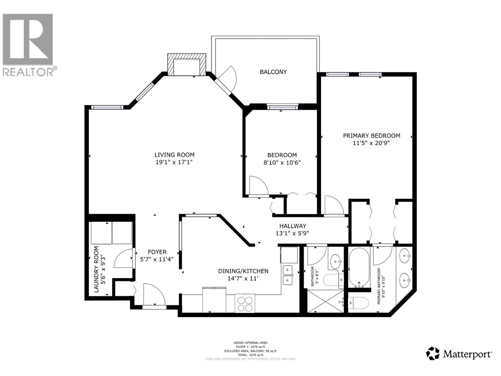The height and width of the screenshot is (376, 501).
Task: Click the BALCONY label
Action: pos(273,72)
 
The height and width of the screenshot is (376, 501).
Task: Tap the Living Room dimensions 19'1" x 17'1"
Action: pos(174,162)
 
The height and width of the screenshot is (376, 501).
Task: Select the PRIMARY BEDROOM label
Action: pos(371,136)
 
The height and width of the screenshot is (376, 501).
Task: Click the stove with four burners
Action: pos(245,303)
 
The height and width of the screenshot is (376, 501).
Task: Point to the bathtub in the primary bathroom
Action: pos(359,268)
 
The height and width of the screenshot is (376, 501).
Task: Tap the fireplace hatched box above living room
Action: pos(187,64)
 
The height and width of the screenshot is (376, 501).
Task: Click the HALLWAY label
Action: pos(292,226)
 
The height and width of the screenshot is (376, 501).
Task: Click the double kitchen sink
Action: pos(287,275)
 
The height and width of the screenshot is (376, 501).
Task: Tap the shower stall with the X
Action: pos(325,301)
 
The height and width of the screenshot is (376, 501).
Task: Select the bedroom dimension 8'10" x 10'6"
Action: pos(282,163)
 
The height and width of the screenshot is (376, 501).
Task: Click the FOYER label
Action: pos(157,252)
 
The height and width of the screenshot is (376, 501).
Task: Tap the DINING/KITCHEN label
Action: pos(243,271)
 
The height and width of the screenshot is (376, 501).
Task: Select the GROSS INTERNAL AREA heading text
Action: pos(250,343)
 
